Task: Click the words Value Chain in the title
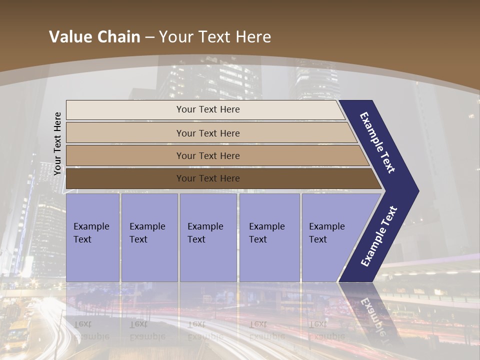(94, 37)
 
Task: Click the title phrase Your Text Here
(215, 37)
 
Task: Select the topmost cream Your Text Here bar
(207, 109)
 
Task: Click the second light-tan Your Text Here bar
(207, 133)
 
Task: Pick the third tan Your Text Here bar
(207, 155)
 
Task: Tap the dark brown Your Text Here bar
(207, 178)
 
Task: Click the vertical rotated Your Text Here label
(57, 143)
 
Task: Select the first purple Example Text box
(92, 237)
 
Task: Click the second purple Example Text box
(149, 237)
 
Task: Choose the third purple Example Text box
(207, 237)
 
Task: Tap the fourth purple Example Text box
(269, 237)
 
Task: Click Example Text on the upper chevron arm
(377, 142)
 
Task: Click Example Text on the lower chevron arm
(379, 236)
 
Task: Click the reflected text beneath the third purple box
(205, 330)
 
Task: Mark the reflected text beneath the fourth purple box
(266, 330)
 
